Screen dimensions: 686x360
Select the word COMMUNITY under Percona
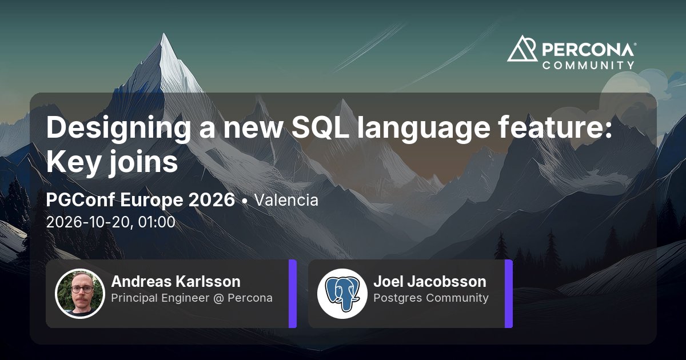click(x=588, y=65)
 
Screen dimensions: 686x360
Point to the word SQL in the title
click(x=320, y=127)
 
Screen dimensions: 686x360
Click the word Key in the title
click(x=74, y=163)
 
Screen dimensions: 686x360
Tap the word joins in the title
click(x=143, y=162)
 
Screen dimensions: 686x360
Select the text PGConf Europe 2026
click(x=140, y=201)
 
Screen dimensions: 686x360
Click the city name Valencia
click(x=286, y=200)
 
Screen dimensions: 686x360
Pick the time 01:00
click(x=157, y=222)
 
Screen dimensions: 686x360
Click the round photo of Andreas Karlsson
click(x=80, y=294)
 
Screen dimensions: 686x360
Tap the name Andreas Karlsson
click(x=176, y=281)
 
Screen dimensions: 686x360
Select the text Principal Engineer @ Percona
click(x=192, y=298)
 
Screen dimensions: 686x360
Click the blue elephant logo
click(x=342, y=294)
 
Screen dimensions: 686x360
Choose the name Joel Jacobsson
click(x=430, y=281)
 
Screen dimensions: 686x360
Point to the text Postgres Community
click(x=431, y=298)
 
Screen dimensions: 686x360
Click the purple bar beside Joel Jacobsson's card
click(x=509, y=294)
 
